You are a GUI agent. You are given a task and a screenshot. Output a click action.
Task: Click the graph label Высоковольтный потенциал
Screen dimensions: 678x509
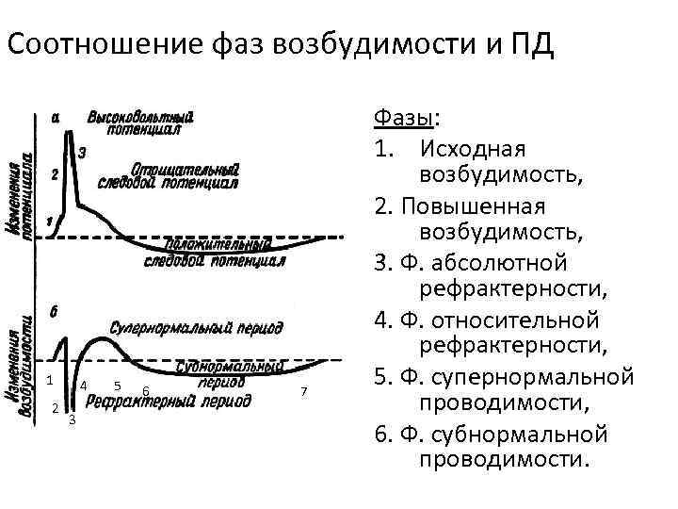click(140, 123)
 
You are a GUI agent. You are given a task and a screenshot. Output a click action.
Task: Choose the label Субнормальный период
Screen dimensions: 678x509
click(222, 374)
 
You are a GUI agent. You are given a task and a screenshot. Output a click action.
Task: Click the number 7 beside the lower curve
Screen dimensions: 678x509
click(303, 390)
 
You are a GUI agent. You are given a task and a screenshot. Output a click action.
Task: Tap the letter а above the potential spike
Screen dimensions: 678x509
click(56, 117)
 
